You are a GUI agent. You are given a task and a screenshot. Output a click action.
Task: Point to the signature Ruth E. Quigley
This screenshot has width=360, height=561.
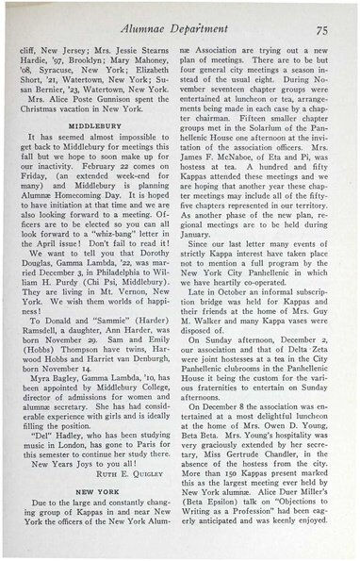138,476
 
